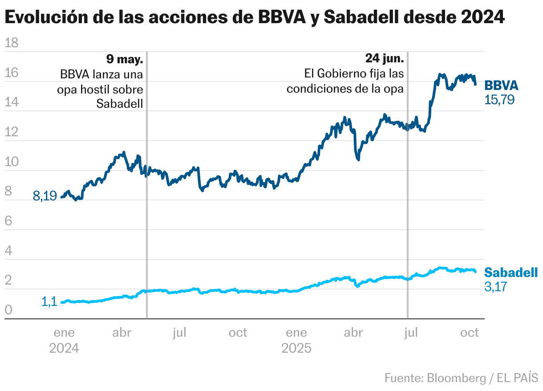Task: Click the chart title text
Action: click(255, 18)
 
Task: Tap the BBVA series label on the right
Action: click(501, 86)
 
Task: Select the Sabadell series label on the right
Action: click(511, 273)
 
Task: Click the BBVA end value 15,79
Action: click(499, 100)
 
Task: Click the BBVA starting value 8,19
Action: click(45, 196)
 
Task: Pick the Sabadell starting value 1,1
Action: click(49, 301)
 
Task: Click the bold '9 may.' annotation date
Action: click(125, 59)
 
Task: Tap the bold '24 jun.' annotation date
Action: click(385, 59)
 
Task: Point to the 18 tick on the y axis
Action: click(11, 43)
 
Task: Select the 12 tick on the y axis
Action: click(11, 132)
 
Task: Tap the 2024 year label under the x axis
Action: click(64, 348)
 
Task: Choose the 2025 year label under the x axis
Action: click(296, 348)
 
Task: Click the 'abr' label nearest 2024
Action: click(122, 333)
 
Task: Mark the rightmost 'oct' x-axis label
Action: click(469, 333)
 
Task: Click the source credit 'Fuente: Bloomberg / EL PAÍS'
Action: click(461, 378)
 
